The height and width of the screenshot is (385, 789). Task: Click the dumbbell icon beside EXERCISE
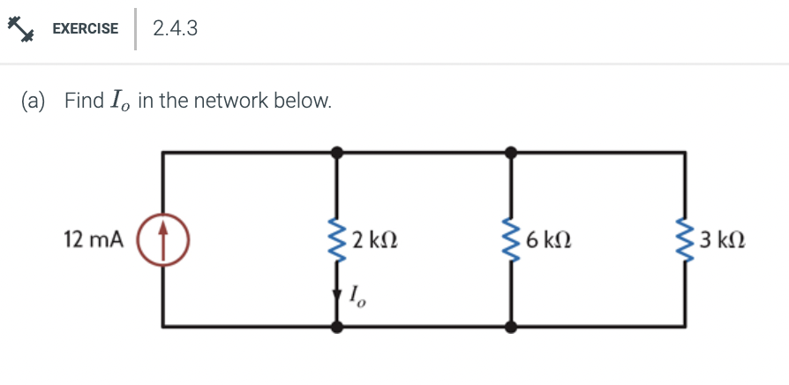(21, 28)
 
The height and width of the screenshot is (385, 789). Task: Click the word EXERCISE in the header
(85, 29)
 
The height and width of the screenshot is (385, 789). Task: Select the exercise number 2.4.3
(175, 29)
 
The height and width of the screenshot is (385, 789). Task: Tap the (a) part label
(34, 101)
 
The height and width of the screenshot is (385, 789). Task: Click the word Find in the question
(84, 101)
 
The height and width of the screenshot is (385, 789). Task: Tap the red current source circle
(162, 239)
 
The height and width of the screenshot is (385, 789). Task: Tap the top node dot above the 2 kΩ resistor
(336, 153)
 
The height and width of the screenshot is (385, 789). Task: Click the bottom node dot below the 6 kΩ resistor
(511, 327)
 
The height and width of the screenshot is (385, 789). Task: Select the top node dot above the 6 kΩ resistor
(511, 153)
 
